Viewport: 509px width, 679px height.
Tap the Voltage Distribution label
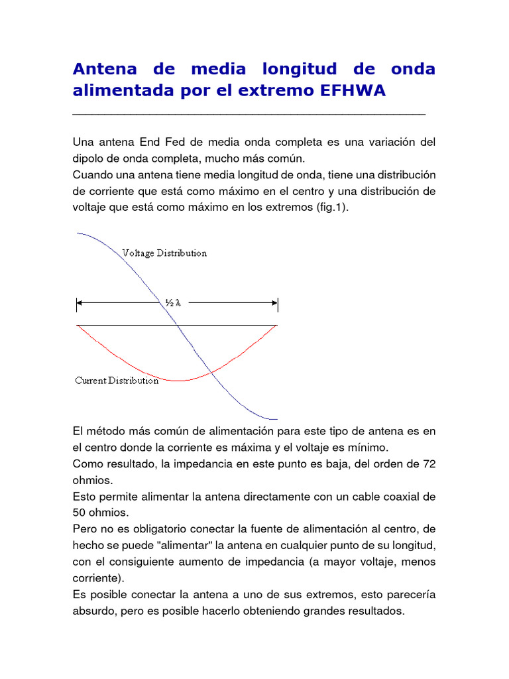(x=164, y=253)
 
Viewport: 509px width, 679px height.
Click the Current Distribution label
(x=117, y=381)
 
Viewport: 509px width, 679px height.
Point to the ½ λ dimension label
(x=173, y=303)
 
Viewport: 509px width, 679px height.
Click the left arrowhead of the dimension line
(x=80, y=304)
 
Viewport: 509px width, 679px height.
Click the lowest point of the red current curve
(x=178, y=381)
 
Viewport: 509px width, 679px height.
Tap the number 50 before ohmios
(x=79, y=513)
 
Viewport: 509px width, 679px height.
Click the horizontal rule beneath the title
(x=249, y=115)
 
